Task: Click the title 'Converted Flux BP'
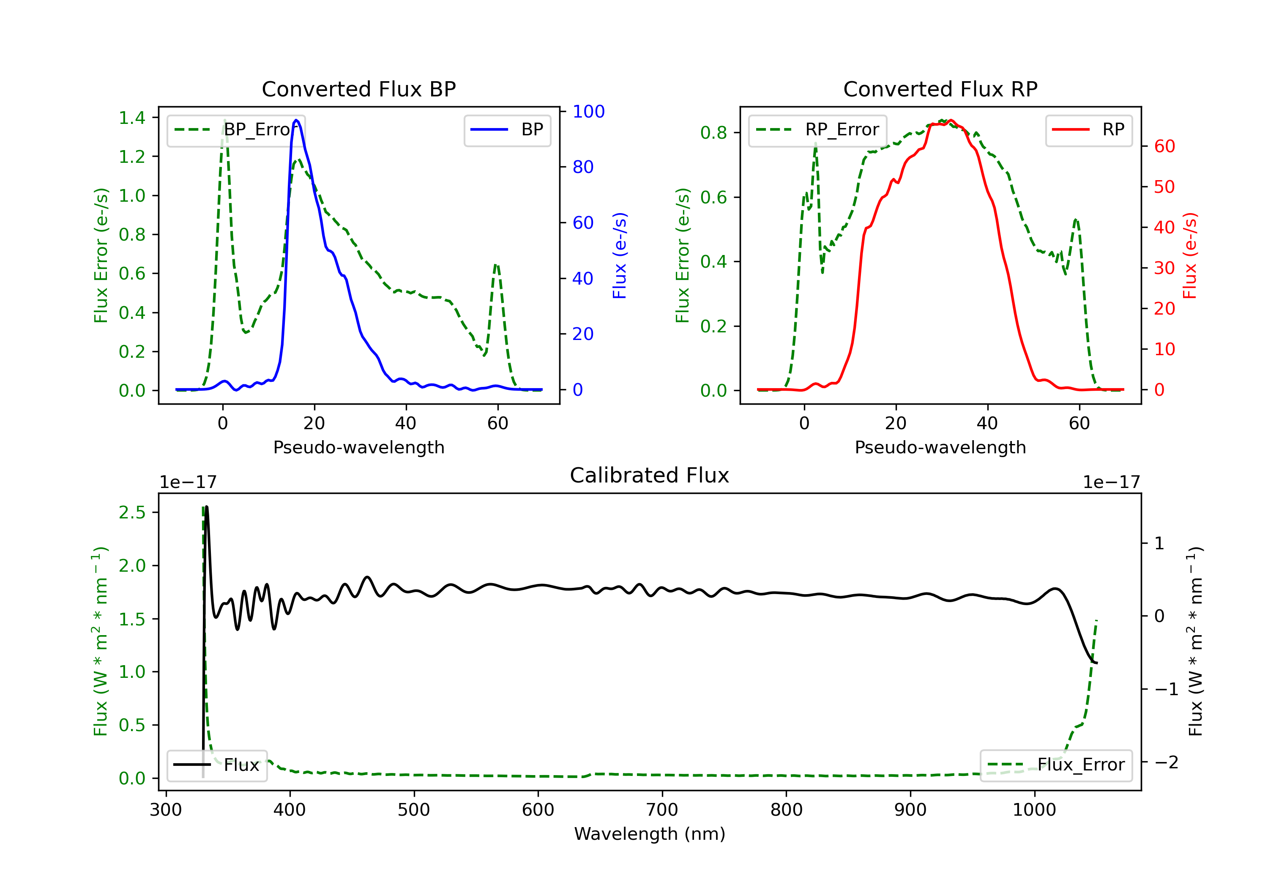click(x=358, y=89)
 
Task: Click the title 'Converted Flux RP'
click(x=940, y=89)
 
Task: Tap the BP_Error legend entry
click(x=236, y=130)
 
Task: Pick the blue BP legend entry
click(x=507, y=130)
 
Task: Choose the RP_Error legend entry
click(x=817, y=130)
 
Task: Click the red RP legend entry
click(x=1088, y=130)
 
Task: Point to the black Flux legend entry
click(x=216, y=765)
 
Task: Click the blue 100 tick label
click(x=589, y=112)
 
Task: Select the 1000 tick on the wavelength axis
click(x=1034, y=810)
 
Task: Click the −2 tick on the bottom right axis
click(x=1167, y=762)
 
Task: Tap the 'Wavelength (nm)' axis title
click(x=650, y=834)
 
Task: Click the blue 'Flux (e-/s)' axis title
click(x=620, y=255)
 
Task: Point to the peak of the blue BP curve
click(x=297, y=120)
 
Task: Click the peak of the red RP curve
click(x=951, y=121)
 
